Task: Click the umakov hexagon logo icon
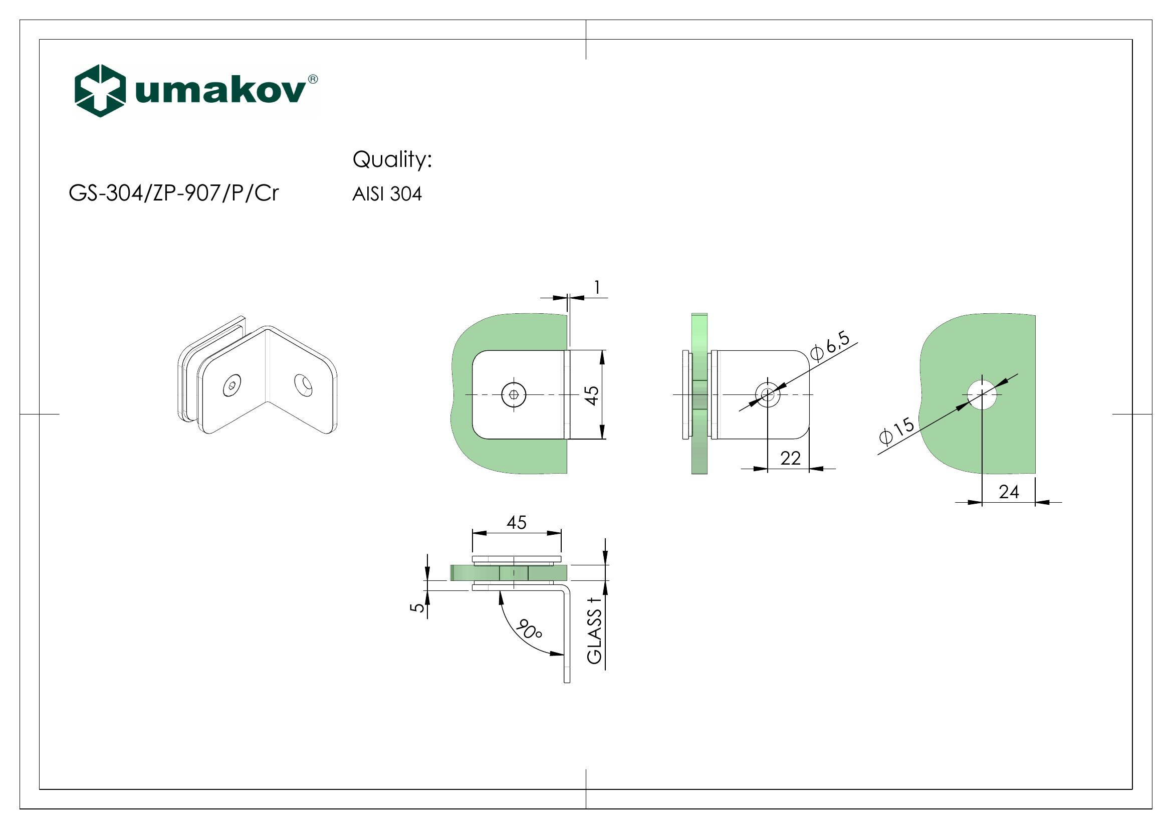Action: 100,91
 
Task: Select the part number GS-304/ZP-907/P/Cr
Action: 174,193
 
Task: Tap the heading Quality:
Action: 392,160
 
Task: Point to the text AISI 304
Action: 387,194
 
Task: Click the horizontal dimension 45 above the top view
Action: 516,522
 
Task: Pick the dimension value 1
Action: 597,288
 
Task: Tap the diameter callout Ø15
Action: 897,431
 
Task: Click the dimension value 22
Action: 790,459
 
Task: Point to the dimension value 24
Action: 1009,492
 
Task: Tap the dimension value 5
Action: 417,607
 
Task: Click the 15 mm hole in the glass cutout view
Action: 982,394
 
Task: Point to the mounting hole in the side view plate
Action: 767,394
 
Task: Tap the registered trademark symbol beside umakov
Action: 313,79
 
